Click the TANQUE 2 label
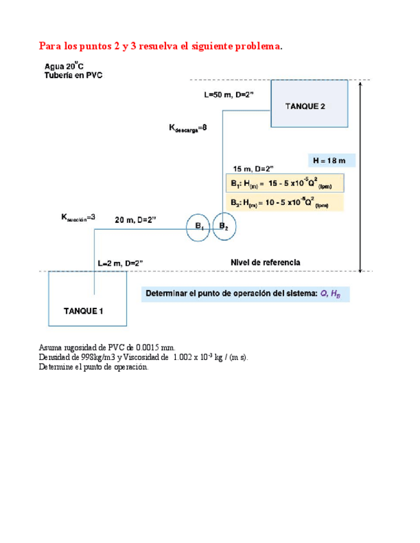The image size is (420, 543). [x=305, y=106]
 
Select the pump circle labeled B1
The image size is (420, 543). [x=199, y=227]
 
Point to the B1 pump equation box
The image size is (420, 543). [x=285, y=183]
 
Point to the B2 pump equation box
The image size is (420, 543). [x=285, y=202]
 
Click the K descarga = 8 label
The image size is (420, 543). [x=188, y=128]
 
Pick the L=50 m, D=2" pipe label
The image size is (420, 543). [x=229, y=95]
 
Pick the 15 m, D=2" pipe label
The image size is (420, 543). [x=254, y=168]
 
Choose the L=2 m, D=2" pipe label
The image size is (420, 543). [x=120, y=263]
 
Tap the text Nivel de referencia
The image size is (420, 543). [x=265, y=263]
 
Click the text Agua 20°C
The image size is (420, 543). [x=64, y=65]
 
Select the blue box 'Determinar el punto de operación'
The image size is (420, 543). [x=246, y=294]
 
